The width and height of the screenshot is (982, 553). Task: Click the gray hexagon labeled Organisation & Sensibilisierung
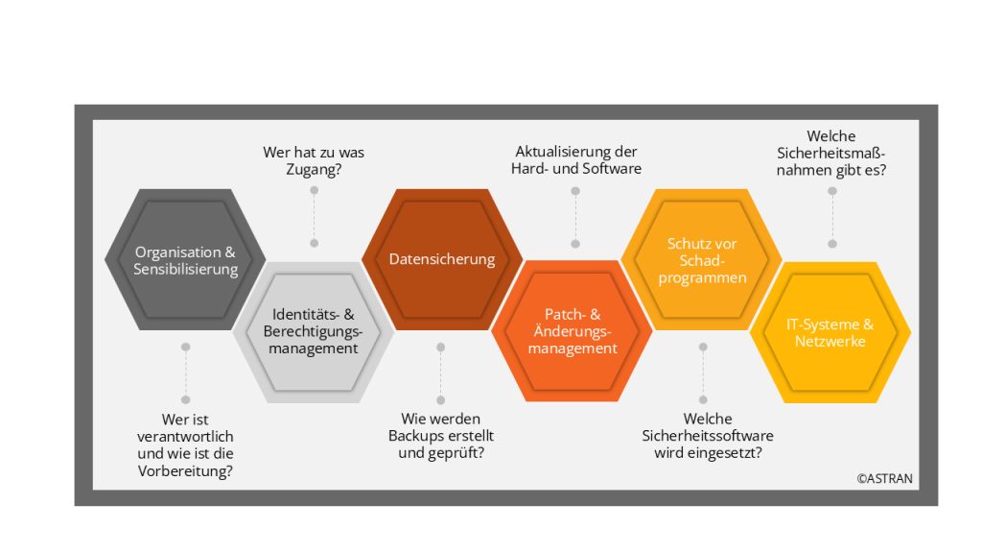[x=185, y=260]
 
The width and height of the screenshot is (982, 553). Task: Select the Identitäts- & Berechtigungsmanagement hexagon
[x=314, y=331]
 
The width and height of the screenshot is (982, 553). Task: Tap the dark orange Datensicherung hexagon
[x=442, y=259]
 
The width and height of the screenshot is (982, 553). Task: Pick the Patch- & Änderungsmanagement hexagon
[x=573, y=331]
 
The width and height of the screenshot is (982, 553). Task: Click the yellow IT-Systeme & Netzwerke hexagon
[x=830, y=332]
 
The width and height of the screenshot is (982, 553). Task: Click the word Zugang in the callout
[x=313, y=170]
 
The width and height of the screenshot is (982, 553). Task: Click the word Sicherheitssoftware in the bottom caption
[x=708, y=436]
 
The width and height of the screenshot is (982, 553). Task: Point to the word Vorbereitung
[x=185, y=470]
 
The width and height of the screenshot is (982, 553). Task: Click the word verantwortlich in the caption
[x=185, y=436]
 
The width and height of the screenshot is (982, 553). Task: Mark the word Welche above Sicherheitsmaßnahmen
[x=831, y=136]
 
